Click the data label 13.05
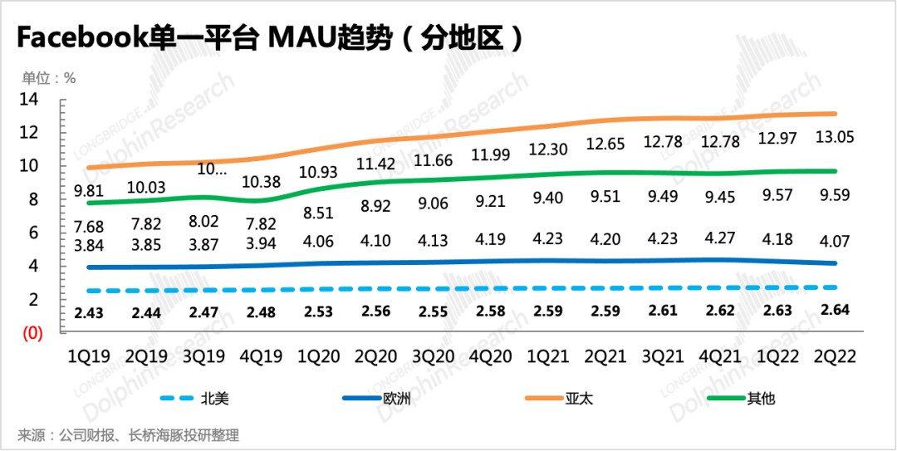pyautogui.click(x=836, y=137)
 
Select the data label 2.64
pyautogui.click(x=836, y=311)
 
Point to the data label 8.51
pyautogui.click(x=316, y=213)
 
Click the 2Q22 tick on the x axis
pyautogui.click(x=836, y=355)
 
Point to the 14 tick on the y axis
pyautogui.click(x=30, y=100)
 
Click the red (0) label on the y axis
pyautogui.click(x=32, y=334)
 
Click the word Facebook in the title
pyautogui.click(x=80, y=38)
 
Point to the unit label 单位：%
pyautogui.click(x=49, y=78)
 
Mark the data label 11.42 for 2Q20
pyautogui.click(x=374, y=163)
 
